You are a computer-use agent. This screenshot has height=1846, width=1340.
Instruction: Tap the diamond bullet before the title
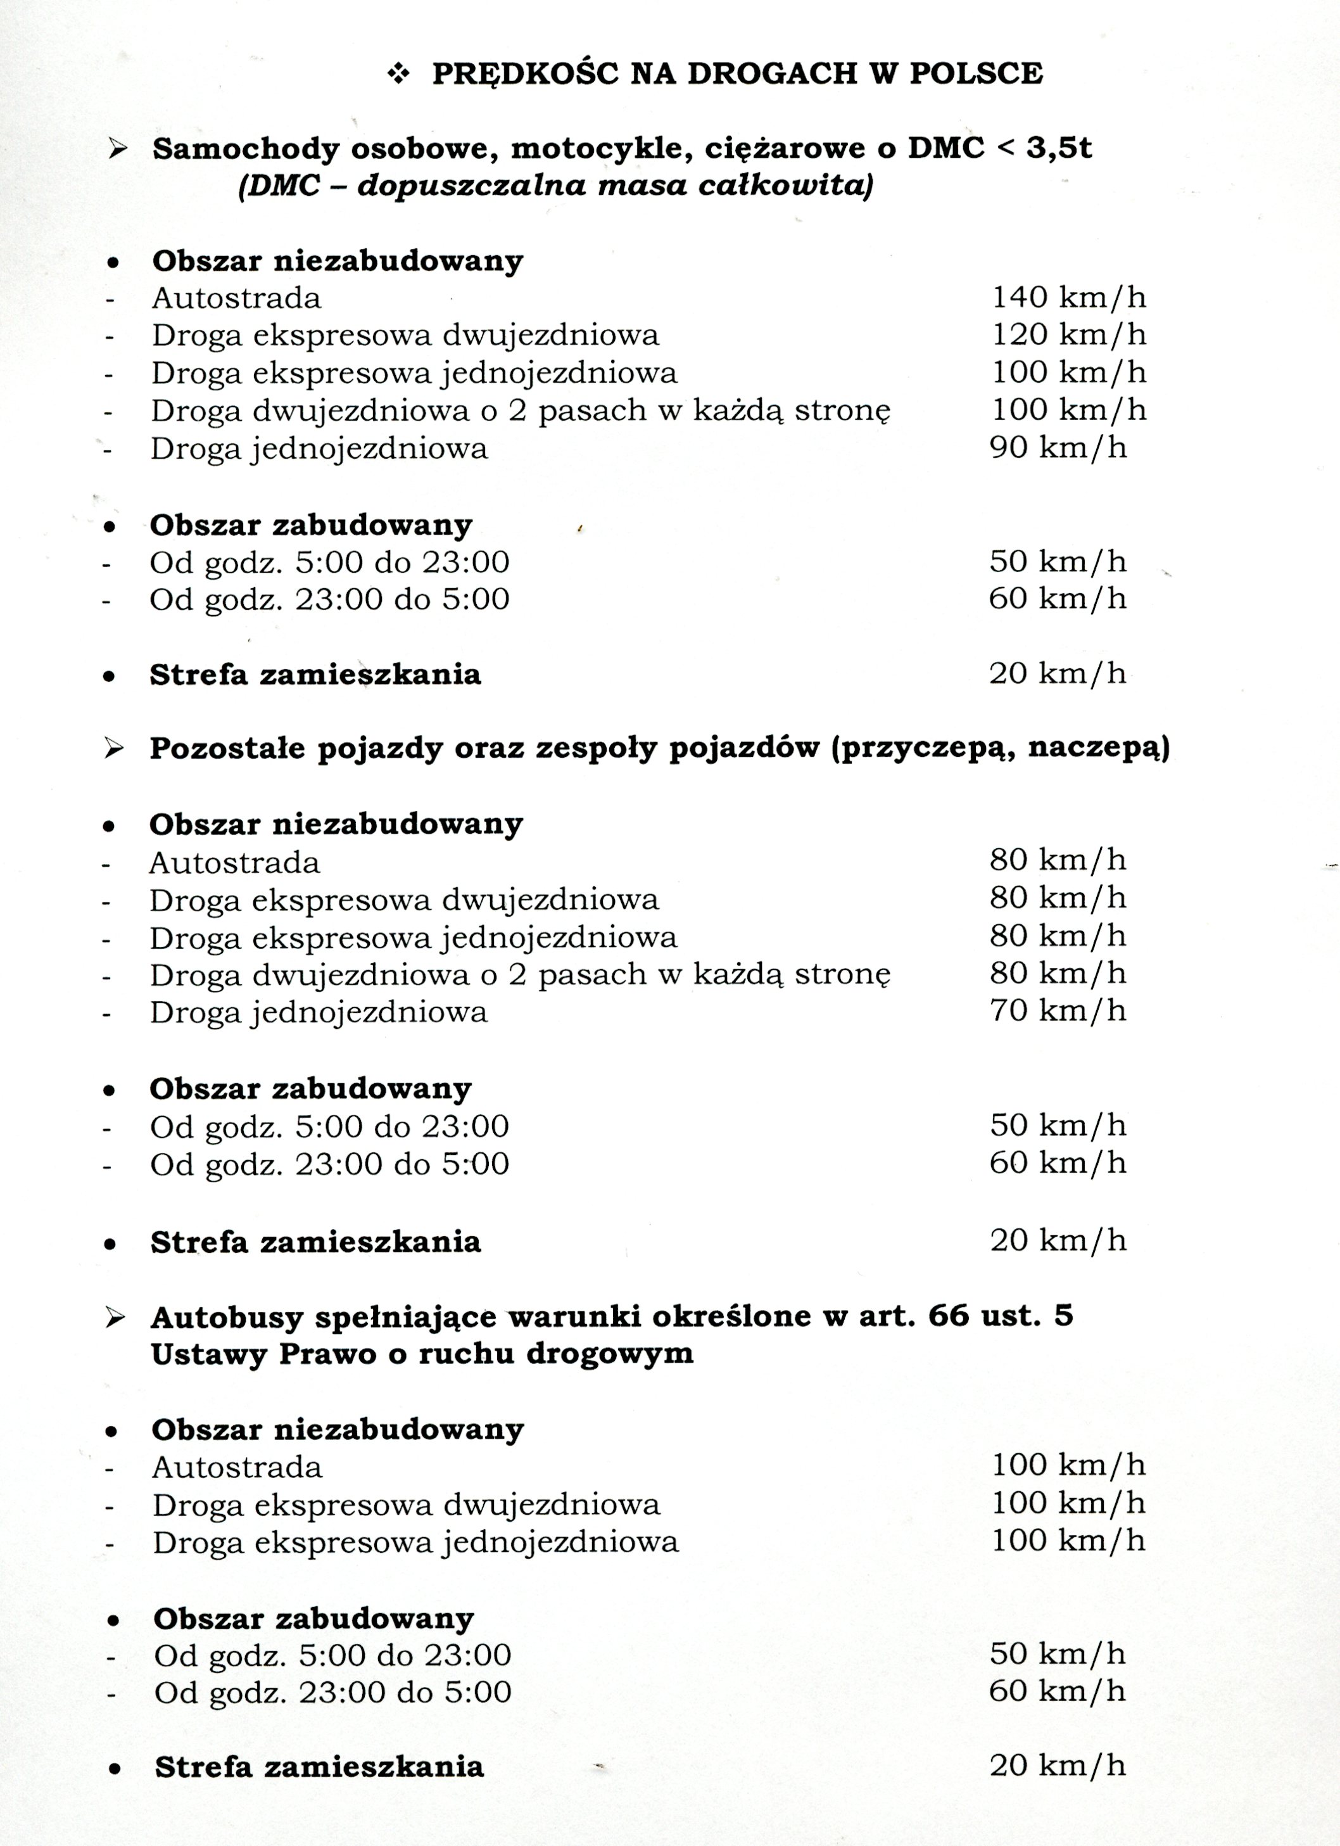coord(399,74)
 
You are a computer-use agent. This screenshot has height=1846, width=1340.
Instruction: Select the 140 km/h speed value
coord(1068,298)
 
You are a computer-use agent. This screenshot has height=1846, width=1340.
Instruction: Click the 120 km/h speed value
coord(1068,334)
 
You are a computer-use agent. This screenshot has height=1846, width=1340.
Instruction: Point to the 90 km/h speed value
coord(1058,448)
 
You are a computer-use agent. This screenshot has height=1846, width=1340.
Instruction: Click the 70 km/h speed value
coord(1058,1011)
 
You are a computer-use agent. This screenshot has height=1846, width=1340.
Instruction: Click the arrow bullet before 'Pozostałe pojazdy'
coord(115,748)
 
